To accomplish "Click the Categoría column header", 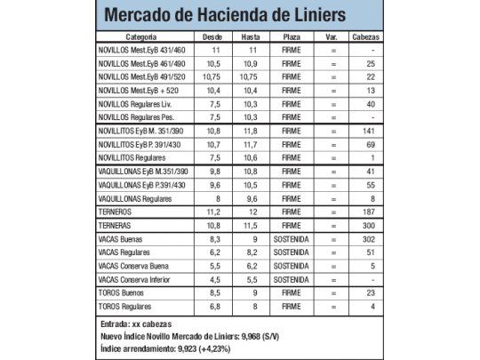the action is (x=142, y=38).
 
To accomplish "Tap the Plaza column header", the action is (x=291, y=38).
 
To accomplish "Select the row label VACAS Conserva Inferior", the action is (x=134, y=279).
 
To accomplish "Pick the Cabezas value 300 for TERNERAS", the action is (x=369, y=227).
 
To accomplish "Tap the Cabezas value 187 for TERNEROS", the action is (x=369, y=213).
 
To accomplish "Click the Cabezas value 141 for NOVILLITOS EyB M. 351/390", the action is (x=369, y=131).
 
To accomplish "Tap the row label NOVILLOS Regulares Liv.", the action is (x=136, y=104).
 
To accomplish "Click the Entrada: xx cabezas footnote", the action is (x=136, y=323).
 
